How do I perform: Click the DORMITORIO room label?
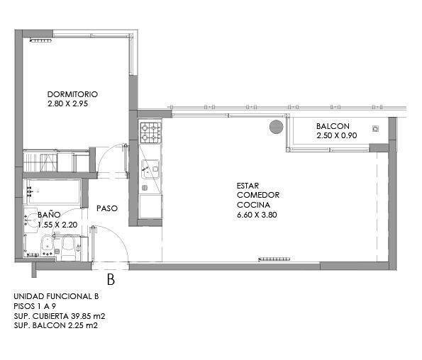click(x=72, y=94)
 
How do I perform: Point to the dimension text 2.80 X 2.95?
click(x=68, y=103)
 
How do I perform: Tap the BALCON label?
click(x=333, y=126)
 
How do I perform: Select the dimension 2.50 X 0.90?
click(x=337, y=135)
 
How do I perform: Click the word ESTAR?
click(x=248, y=186)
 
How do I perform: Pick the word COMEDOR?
click(x=258, y=195)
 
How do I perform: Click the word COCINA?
click(x=253, y=205)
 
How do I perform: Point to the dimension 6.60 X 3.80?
click(x=257, y=215)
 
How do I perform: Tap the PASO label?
click(x=107, y=208)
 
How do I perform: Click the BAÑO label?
click(x=49, y=214)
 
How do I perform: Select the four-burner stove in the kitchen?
click(x=150, y=133)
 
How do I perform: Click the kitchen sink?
click(x=150, y=169)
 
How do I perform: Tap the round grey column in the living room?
click(x=277, y=127)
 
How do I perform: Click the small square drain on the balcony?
click(x=375, y=128)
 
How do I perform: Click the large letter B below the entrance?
click(x=111, y=279)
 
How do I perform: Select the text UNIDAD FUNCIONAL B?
click(x=56, y=296)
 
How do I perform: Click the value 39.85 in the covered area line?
click(x=80, y=316)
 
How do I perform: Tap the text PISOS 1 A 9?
click(x=35, y=306)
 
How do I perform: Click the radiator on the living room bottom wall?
click(x=274, y=259)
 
